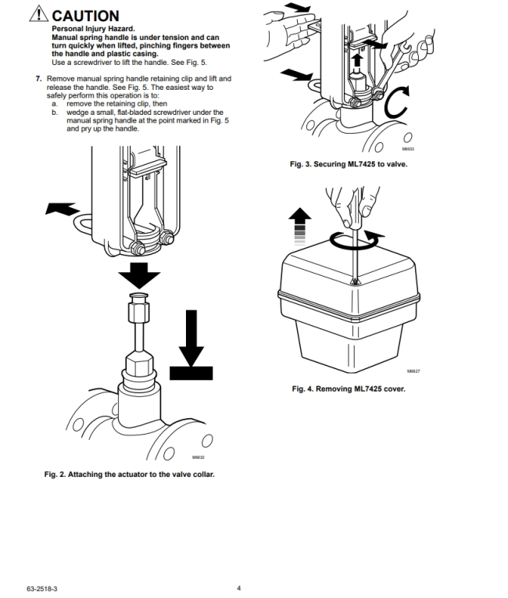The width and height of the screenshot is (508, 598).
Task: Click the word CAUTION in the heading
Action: click(87, 16)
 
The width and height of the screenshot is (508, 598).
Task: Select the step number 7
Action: click(38, 79)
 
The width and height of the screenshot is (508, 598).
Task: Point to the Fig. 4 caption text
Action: click(348, 389)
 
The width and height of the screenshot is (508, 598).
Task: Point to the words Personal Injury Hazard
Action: click(95, 29)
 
